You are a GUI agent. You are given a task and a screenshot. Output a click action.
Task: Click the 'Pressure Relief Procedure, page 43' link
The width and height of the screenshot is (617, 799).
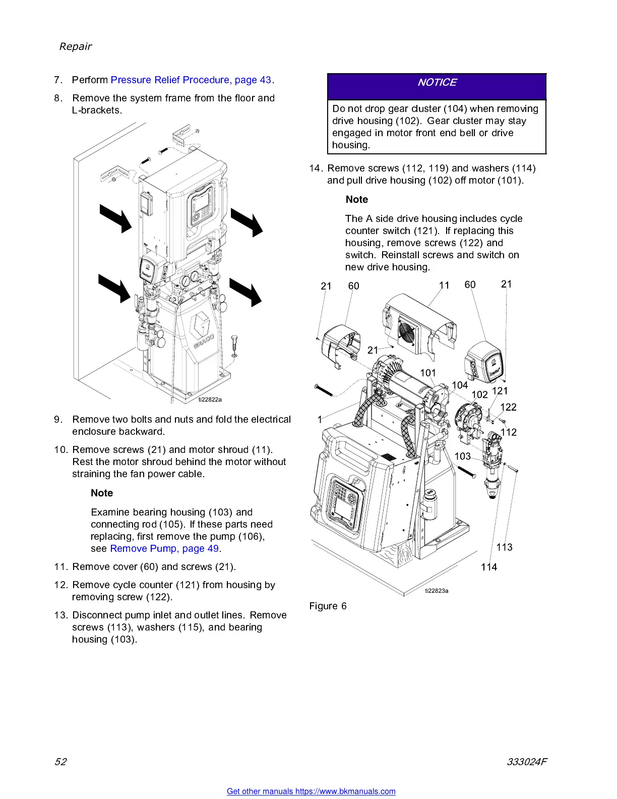point(191,80)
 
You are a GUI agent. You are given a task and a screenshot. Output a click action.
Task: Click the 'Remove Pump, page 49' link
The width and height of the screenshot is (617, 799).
point(164,548)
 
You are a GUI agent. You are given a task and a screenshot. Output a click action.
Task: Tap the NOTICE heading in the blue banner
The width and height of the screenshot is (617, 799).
point(437,82)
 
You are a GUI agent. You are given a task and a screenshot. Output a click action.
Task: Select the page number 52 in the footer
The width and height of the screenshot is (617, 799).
point(60,761)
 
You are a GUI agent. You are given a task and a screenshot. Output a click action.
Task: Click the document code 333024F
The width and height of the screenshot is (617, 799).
point(527,761)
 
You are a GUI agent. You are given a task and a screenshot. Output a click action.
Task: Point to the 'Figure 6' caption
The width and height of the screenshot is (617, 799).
point(328,606)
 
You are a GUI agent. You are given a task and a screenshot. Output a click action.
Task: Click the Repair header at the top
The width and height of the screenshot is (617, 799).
point(76,46)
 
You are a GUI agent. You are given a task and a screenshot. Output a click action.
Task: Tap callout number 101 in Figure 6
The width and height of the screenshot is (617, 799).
point(428,373)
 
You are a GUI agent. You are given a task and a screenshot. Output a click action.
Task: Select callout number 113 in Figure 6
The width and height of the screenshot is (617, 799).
point(504,547)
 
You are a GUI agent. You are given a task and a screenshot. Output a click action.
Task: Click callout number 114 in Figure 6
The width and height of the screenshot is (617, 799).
point(489,567)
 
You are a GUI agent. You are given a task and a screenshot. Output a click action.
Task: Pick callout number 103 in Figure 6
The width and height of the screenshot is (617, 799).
point(462,456)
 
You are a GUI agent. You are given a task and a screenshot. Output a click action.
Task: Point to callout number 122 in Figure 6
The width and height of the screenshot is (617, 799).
point(508,407)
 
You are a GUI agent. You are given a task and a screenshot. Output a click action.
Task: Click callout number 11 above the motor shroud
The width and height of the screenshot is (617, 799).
point(444,286)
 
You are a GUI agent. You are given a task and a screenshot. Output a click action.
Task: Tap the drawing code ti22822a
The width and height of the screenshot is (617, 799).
point(210,399)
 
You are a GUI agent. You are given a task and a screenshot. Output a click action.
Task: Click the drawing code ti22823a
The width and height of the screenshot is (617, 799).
point(437,590)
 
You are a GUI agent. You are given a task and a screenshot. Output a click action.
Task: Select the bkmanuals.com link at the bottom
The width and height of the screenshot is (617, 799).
point(311,791)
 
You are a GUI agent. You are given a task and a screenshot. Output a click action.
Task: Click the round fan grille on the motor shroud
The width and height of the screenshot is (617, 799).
point(406,331)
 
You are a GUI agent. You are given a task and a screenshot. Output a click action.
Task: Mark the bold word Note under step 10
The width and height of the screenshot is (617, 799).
point(102,493)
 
